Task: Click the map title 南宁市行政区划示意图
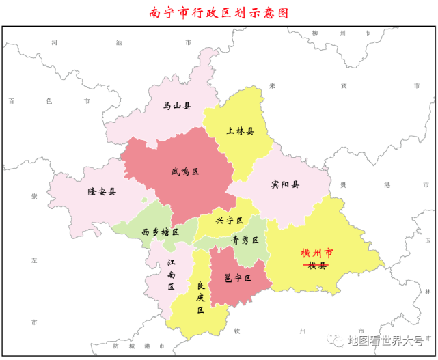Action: coord(219,12)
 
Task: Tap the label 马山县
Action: coord(177,106)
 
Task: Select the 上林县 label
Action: coord(241,131)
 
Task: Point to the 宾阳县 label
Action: coord(285,184)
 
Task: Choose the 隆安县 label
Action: coord(102,192)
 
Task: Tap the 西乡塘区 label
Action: coord(160,232)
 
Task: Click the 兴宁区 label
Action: coord(230,221)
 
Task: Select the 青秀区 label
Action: coord(245,240)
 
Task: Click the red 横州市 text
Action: coord(318,253)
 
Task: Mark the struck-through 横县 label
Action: coord(318,266)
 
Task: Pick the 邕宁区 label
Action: coord(238,279)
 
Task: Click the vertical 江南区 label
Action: coord(171,274)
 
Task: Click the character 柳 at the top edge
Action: coord(314,33)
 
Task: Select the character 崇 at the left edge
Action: coord(33,196)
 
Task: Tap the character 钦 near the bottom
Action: coord(237,331)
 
